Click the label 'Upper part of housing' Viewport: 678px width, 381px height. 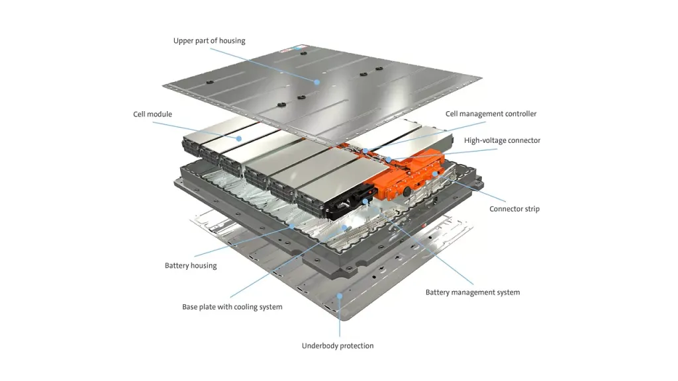tap(209, 41)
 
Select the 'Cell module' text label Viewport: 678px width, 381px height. tap(152, 114)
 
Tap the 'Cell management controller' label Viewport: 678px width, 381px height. tap(491, 114)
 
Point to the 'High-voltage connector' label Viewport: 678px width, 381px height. tap(502, 140)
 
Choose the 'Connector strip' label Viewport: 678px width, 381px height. tap(514, 209)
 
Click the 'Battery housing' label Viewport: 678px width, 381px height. tap(191, 266)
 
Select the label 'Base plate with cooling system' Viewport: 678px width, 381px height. tap(232, 307)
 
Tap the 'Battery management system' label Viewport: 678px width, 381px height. tap(472, 292)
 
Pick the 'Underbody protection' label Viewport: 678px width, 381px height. tap(338, 346)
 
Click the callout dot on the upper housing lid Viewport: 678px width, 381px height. tap(317, 82)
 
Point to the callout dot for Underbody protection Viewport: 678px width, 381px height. tap(339, 296)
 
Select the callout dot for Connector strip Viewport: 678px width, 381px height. tap(435, 174)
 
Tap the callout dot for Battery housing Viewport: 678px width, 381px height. tap(291, 226)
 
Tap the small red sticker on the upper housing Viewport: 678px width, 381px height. tap(297, 48)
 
